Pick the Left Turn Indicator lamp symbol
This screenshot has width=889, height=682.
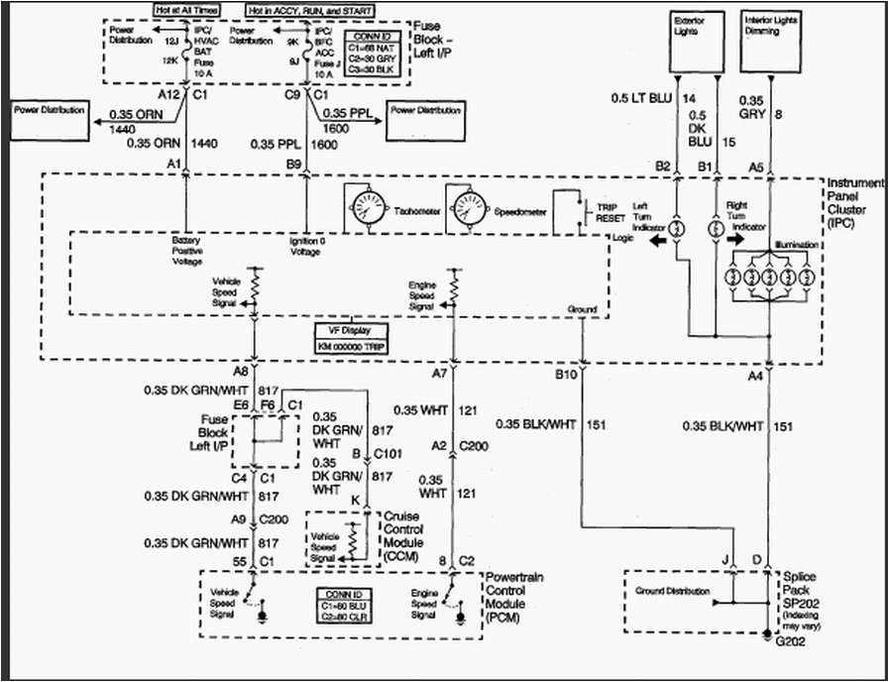[x=676, y=227]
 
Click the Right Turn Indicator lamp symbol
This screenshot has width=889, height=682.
[x=716, y=227]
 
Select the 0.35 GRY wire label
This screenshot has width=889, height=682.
[x=751, y=107]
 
